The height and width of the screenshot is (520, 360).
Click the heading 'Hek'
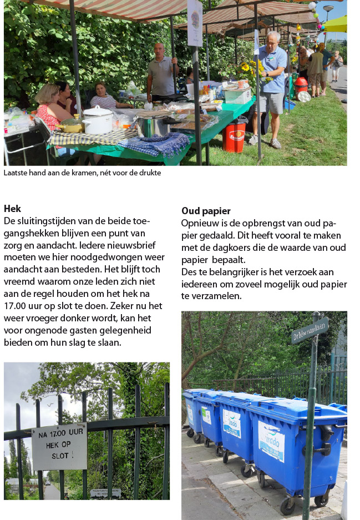coord(12,209)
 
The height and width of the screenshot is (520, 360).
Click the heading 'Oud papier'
coord(206,211)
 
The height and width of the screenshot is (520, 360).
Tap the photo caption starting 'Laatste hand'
coord(82,173)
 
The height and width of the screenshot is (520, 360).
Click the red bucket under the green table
coord(234,137)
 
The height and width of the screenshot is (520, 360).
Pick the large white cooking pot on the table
coord(98,119)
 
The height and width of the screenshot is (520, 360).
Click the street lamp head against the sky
coord(328,8)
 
